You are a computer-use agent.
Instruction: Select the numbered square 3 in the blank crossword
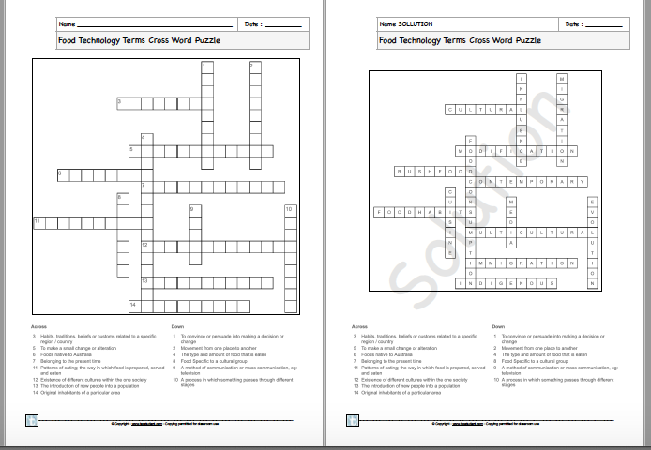[121, 102]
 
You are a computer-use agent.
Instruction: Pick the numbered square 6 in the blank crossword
[61, 174]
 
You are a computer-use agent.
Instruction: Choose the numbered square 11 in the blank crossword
[38, 222]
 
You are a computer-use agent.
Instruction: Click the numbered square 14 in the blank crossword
[133, 306]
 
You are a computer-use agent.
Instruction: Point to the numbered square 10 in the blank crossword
[290, 210]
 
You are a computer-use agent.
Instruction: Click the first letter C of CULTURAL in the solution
[449, 110]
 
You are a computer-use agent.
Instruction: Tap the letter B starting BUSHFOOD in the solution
[401, 172]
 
